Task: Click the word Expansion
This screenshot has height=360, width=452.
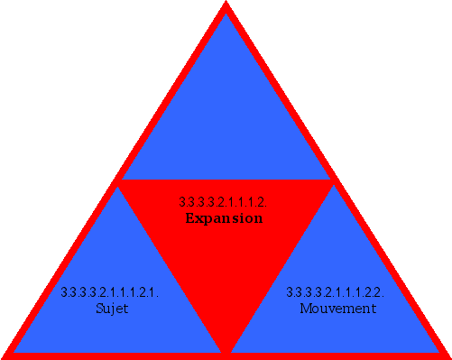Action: click(224, 218)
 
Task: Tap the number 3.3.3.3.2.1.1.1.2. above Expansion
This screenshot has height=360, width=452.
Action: click(224, 202)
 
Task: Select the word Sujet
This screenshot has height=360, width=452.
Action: click(112, 309)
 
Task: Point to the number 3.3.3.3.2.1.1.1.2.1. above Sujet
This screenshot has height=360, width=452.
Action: click(110, 292)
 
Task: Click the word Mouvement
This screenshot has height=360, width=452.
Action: click(337, 309)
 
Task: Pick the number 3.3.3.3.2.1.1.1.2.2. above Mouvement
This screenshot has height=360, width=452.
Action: click(336, 292)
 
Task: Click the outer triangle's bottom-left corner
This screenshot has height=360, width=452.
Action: click(5, 355)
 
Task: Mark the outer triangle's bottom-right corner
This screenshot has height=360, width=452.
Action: click(447, 355)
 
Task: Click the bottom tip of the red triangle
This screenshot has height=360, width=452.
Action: click(226, 350)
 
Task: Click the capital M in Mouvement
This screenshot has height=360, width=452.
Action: click(304, 309)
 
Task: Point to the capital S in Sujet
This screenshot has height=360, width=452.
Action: click(98, 309)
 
